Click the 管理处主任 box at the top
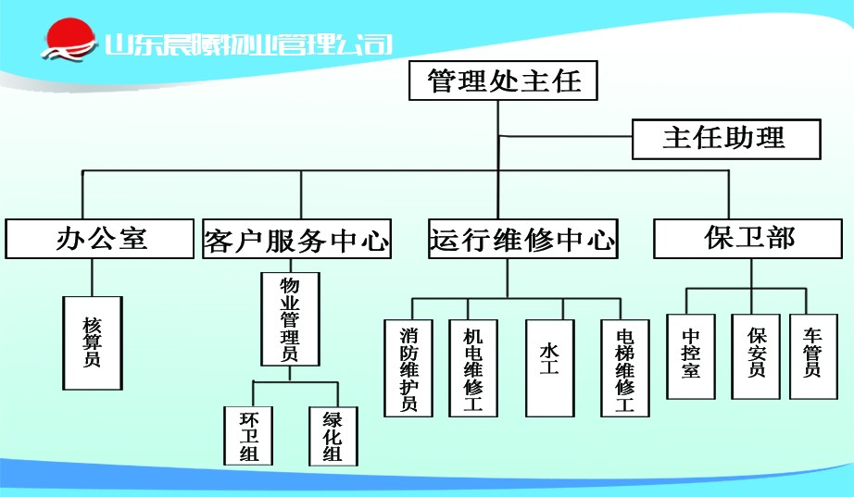pos(503,81)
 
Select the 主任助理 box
pos(726,140)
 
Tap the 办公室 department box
pos(100,239)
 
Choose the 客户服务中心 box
pos(296,239)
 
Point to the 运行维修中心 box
pos(522,239)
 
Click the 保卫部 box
pos(747,239)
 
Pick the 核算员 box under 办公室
pos(93,343)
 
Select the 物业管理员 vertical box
pos(290,319)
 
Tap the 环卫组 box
pos(248,436)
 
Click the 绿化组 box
pos(333,436)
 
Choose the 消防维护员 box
pos(408,368)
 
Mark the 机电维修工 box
pos(473,368)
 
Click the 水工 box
pos(550,368)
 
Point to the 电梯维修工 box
pos(625,368)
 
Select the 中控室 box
pos(691,356)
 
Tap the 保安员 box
pos(756,356)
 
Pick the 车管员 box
pos(813,356)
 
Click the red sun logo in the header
pos(69,38)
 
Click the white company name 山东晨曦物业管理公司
pos(248,44)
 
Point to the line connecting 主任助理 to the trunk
pos(565,136)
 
